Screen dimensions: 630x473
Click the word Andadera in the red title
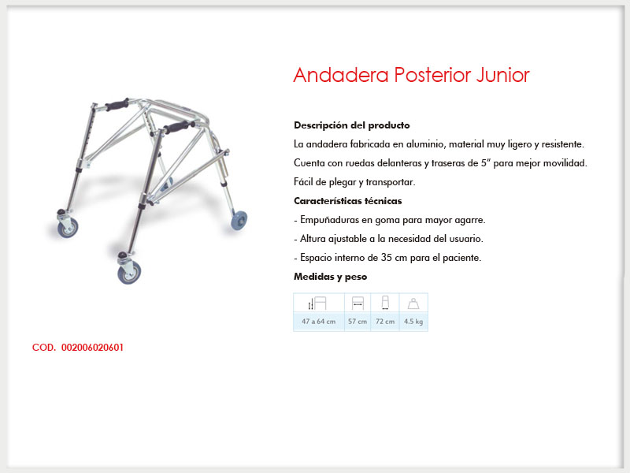pyautogui.click(x=341, y=74)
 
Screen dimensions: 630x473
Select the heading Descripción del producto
pyautogui.click(x=351, y=125)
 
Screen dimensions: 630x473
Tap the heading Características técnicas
pyautogui.click(x=347, y=201)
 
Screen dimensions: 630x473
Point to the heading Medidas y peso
pyautogui.click(x=330, y=277)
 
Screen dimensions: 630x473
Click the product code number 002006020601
pyautogui.click(x=92, y=348)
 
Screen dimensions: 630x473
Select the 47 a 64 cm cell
pyautogui.click(x=319, y=322)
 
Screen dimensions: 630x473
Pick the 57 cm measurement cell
pyautogui.click(x=358, y=322)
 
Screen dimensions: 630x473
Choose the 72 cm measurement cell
pyautogui.click(x=385, y=322)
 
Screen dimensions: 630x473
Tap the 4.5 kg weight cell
pyautogui.click(x=413, y=322)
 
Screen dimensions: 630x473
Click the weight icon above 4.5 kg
pyautogui.click(x=413, y=304)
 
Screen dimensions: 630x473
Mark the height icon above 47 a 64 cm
pyautogui.click(x=317, y=304)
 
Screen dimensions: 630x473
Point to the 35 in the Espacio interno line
pyautogui.click(x=387, y=258)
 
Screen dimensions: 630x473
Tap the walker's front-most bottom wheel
pyautogui.click(x=129, y=272)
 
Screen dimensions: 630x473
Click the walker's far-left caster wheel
pyautogui.click(x=68, y=229)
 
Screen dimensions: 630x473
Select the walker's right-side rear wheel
pyautogui.click(x=239, y=221)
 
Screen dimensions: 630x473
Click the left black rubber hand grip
pyautogui.click(x=117, y=105)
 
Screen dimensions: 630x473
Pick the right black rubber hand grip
pyautogui.click(x=180, y=127)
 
